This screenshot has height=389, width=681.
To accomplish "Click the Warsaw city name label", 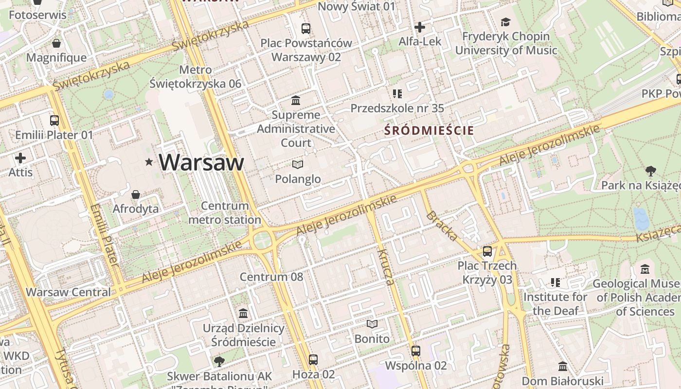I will click(x=201, y=162).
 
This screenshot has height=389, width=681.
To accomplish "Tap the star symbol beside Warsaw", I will click(x=149, y=162).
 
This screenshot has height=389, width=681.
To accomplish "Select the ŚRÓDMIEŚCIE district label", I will click(x=429, y=130).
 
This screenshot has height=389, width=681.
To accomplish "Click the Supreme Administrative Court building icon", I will click(x=296, y=101).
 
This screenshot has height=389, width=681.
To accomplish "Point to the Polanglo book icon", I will click(x=298, y=165).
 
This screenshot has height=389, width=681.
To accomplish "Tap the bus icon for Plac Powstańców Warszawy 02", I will click(x=305, y=29).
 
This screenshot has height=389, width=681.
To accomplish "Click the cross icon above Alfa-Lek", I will click(x=420, y=27).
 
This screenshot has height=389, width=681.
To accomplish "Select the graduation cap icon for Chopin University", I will click(x=505, y=22).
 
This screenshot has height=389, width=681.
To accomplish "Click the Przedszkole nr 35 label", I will click(x=397, y=108).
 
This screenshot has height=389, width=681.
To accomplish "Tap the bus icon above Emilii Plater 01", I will click(x=54, y=120).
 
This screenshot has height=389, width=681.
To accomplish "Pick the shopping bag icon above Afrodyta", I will click(x=136, y=194).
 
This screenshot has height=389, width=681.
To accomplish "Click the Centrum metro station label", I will click(x=225, y=213).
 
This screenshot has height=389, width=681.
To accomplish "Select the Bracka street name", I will click(x=442, y=226).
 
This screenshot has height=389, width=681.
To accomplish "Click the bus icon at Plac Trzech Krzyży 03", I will click(x=487, y=251).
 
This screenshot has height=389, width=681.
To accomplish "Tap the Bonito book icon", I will click(x=372, y=324).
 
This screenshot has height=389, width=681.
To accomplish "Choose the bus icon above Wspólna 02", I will click(x=415, y=351).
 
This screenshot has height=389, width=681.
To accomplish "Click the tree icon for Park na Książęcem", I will click(x=650, y=171).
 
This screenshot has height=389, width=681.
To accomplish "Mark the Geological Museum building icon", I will click(x=645, y=269).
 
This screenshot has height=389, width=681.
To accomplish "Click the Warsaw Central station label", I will click(x=68, y=292).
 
